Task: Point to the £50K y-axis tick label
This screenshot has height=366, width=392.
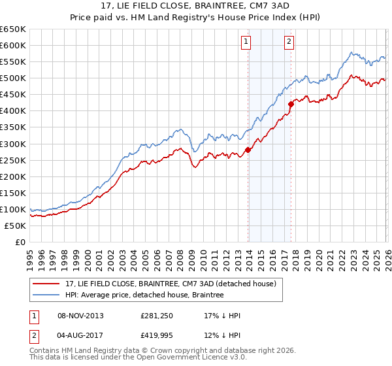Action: pos(15,225)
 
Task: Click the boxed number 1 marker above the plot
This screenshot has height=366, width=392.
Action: pos(246,42)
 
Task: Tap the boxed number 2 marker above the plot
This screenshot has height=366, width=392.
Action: pos(289,42)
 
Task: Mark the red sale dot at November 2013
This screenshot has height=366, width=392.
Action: pos(248,150)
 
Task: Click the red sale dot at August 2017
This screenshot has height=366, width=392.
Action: pos(291,104)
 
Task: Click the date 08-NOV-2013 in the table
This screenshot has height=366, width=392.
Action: pos(80,316)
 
